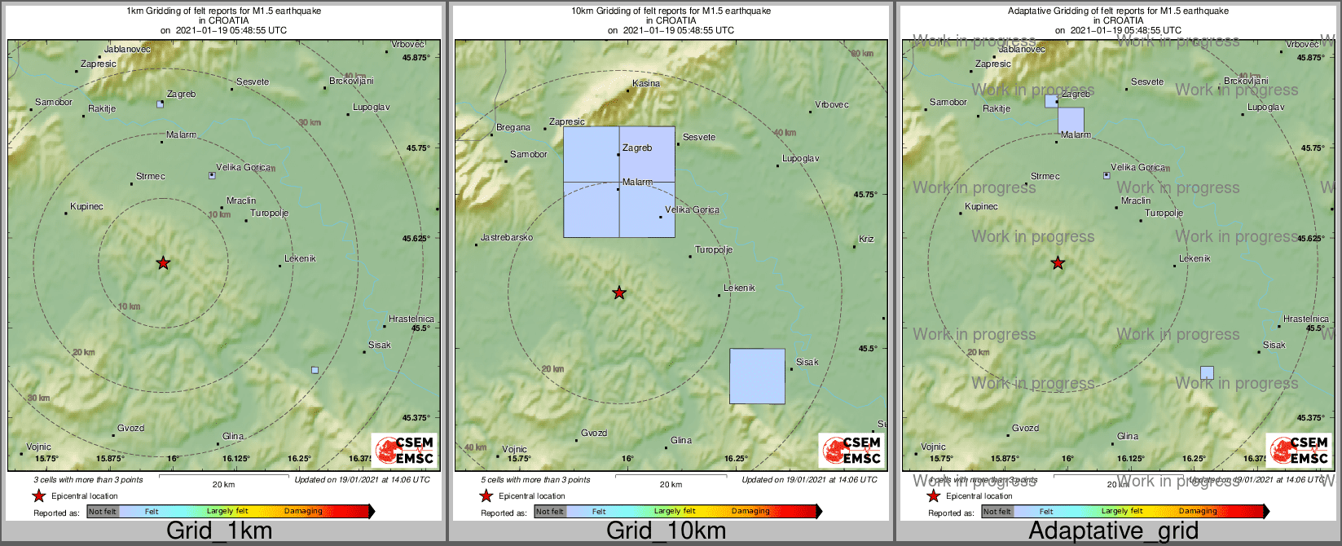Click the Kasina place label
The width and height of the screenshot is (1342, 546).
646,83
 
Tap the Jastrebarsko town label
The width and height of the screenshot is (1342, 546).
507,237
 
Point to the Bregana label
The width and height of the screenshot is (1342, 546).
513,127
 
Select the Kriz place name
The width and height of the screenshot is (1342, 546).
866,239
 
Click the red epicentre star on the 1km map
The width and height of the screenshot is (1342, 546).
163,262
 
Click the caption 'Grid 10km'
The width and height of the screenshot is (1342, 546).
666,531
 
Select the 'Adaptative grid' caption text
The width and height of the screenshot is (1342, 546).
1113,531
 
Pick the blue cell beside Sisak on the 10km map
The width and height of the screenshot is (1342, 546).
757,376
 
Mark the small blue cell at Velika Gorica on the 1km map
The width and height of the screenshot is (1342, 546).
212,175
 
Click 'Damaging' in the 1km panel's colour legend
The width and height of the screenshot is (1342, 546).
303,511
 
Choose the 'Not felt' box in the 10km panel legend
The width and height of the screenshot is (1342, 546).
550,512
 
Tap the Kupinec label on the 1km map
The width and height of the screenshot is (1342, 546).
86,206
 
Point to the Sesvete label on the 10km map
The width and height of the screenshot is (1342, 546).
699,137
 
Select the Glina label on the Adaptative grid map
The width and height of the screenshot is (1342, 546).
1128,436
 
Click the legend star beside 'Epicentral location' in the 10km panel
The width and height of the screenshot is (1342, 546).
486,495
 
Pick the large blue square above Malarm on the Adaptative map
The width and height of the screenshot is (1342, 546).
1071,120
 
